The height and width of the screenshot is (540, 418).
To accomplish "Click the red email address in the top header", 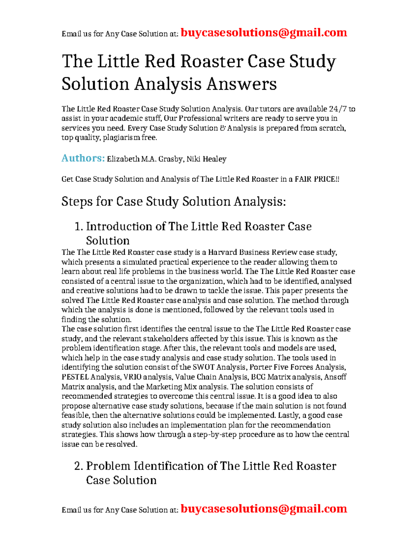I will [x=264, y=33].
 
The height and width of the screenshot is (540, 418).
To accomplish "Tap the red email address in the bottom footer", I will [x=264, y=509].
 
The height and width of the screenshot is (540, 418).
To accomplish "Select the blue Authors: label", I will [x=83, y=158].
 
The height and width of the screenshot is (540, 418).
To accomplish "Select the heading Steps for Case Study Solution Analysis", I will [x=173, y=201].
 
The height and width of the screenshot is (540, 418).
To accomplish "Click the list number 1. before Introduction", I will [x=79, y=226].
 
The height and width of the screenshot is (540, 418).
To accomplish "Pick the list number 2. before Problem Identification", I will [x=79, y=466].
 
